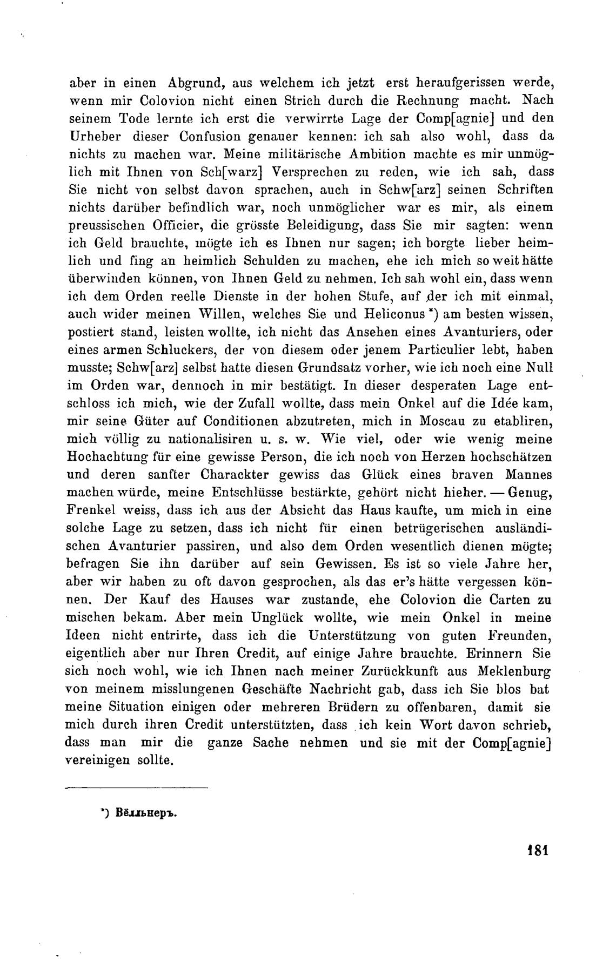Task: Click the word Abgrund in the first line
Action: point(193,84)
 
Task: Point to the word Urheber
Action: point(92,136)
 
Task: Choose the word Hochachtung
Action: point(112,456)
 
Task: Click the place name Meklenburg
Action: point(514,671)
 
